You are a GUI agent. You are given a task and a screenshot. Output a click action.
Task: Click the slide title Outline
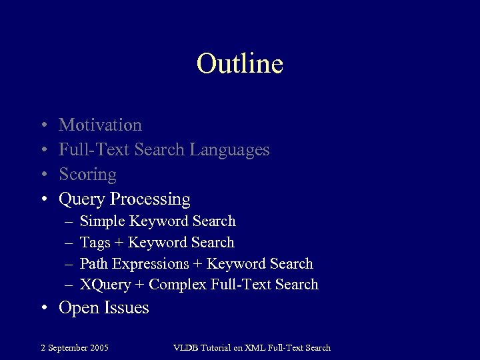click(x=240, y=64)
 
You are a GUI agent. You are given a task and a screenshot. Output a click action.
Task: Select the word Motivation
click(x=100, y=125)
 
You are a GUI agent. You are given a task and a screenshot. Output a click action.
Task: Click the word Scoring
click(x=87, y=175)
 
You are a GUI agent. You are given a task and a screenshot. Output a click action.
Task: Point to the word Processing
click(x=151, y=199)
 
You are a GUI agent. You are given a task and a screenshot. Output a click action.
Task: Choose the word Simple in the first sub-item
click(x=102, y=221)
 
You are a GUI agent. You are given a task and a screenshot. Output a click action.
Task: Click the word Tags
click(x=95, y=243)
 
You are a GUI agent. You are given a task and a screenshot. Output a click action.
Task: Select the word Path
click(x=94, y=264)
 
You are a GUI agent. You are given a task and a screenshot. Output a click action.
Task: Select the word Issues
click(x=127, y=308)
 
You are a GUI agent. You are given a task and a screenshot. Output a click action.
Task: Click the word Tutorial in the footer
click(x=217, y=347)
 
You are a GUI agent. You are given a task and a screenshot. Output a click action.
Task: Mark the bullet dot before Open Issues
click(x=43, y=308)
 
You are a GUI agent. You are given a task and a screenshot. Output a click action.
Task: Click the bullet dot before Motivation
click(x=43, y=125)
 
